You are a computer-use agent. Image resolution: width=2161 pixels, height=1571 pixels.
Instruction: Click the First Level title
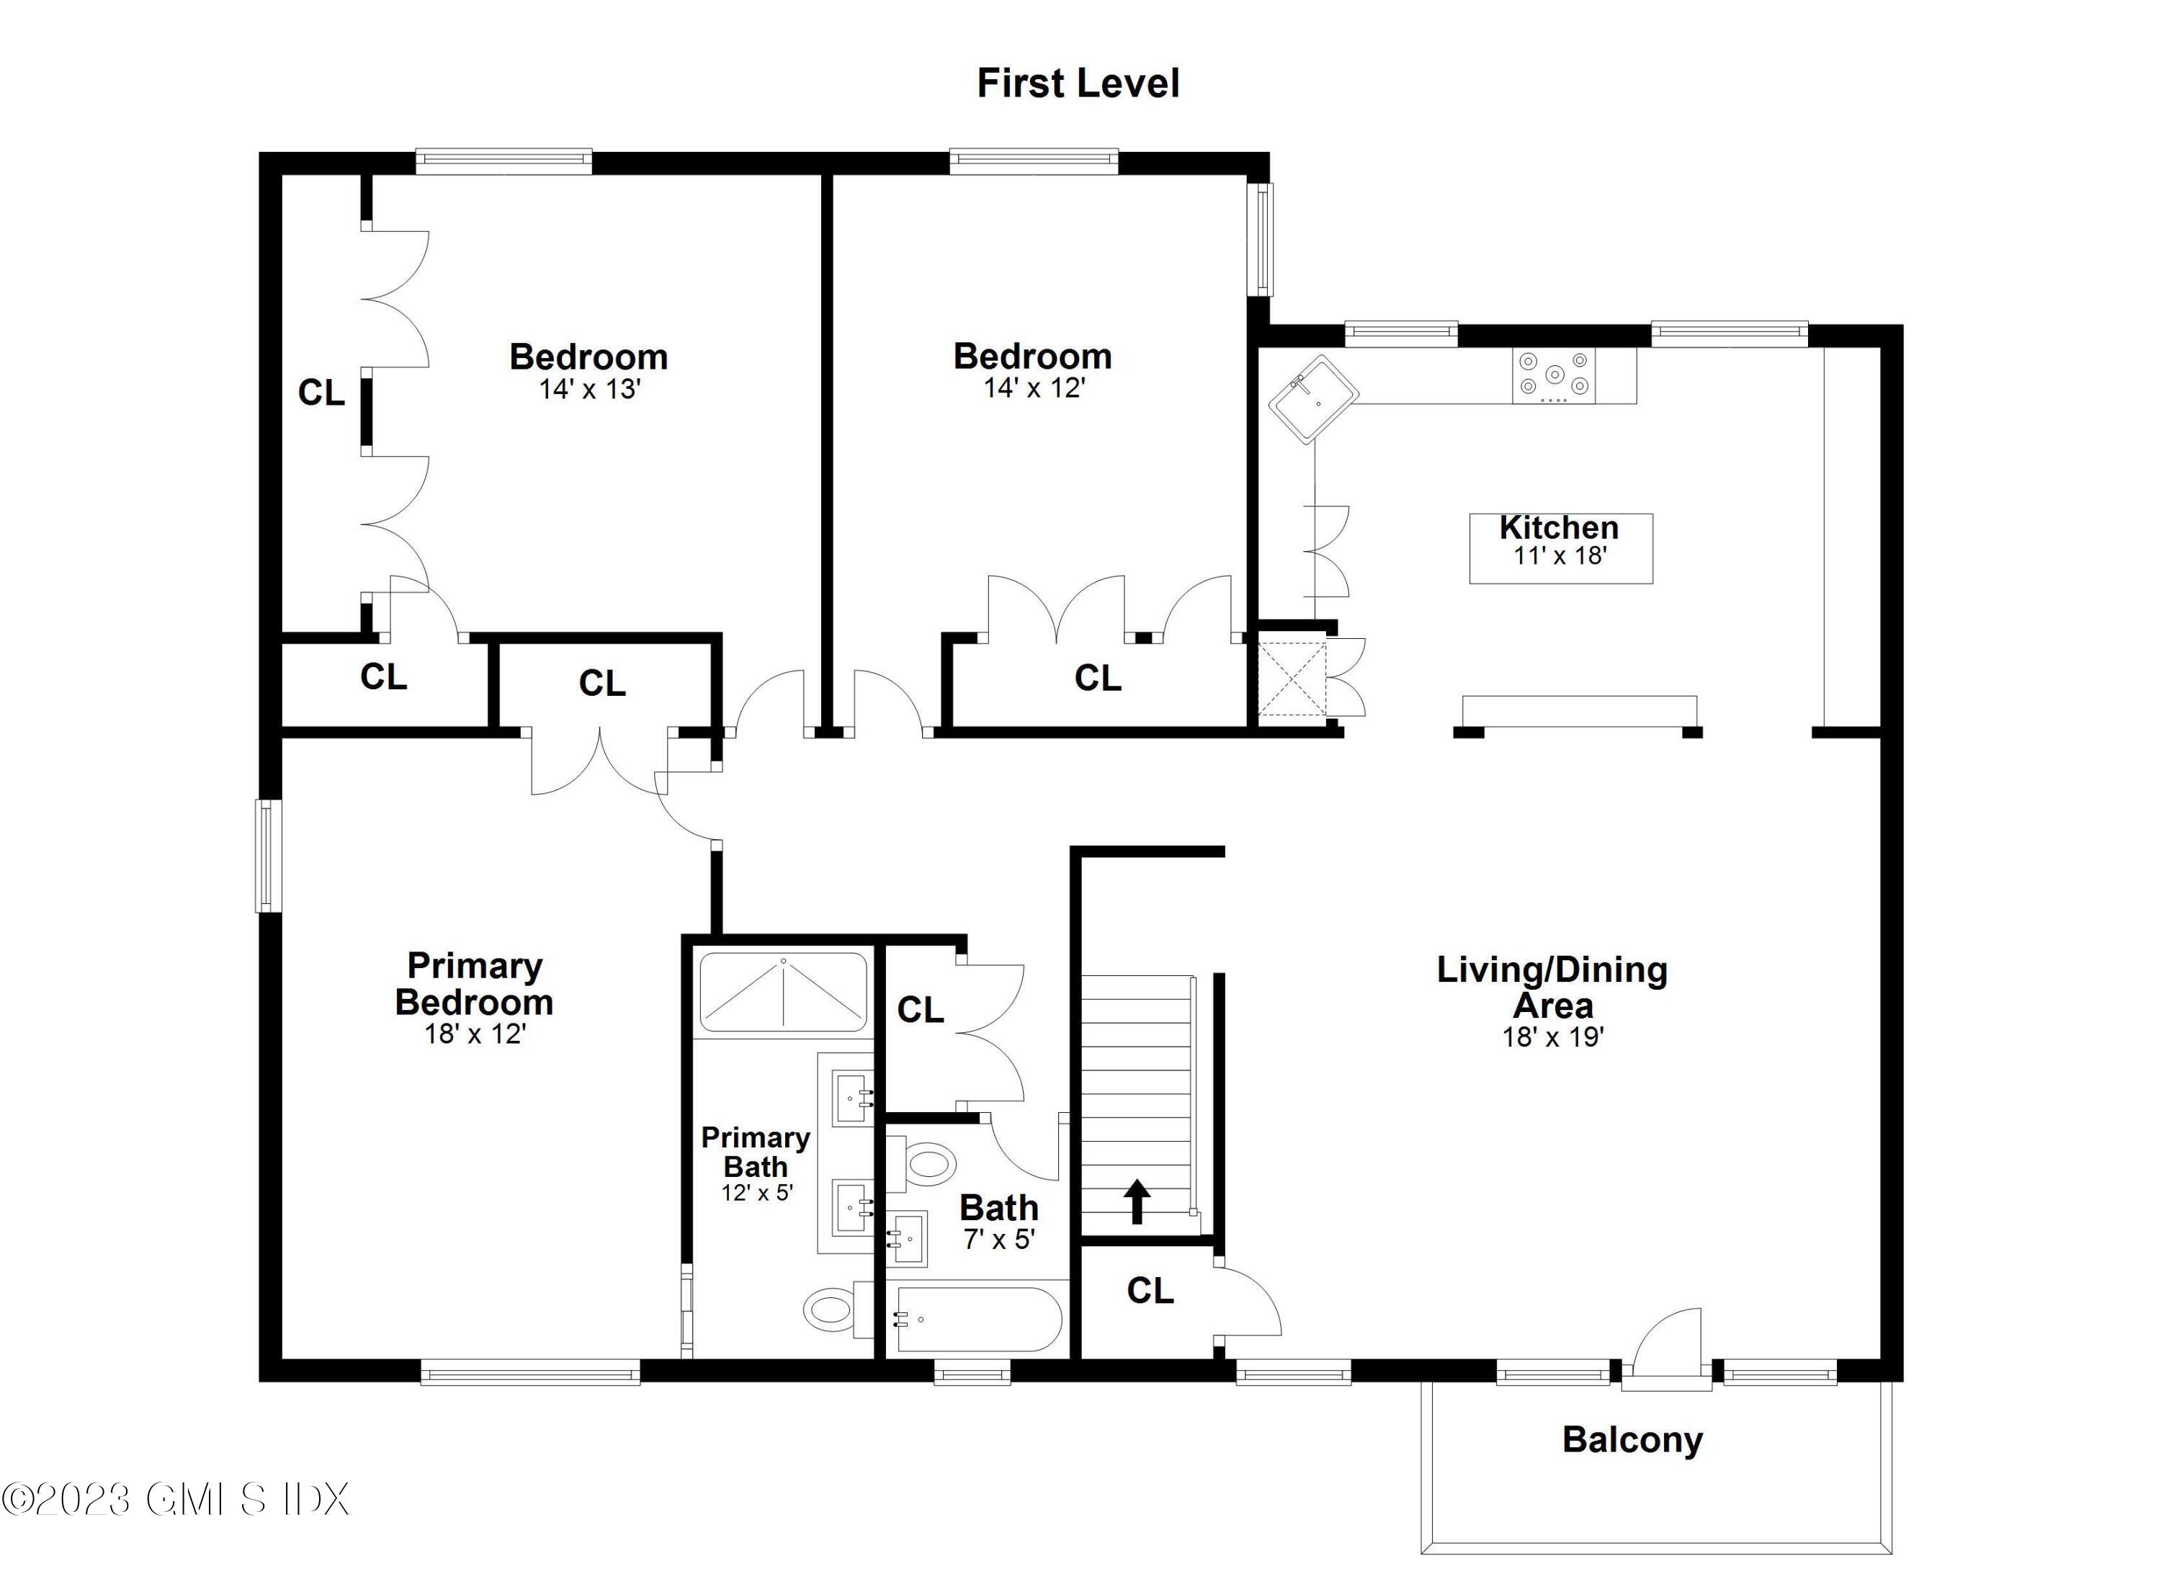click(x=1078, y=84)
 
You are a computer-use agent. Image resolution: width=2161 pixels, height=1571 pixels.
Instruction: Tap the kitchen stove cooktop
click(x=1554, y=375)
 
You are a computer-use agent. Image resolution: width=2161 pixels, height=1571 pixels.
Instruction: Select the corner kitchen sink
click(x=1313, y=399)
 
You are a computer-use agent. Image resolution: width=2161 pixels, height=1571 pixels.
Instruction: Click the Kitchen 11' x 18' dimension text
click(x=1560, y=556)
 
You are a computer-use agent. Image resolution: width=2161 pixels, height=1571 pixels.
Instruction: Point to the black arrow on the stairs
click(x=1136, y=1201)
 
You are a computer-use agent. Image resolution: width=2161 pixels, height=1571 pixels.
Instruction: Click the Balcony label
click(x=1632, y=1439)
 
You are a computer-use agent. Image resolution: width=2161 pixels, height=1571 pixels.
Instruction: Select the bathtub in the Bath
click(x=975, y=1320)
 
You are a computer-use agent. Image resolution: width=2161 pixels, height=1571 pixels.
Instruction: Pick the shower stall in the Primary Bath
click(x=783, y=992)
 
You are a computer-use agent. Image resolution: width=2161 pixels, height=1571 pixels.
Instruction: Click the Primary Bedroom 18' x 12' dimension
click(x=475, y=1034)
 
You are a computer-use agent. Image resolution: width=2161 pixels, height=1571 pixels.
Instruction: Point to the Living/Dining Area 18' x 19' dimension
click(x=1552, y=1037)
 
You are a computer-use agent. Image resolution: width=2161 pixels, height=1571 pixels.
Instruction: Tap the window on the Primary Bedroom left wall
click(x=269, y=856)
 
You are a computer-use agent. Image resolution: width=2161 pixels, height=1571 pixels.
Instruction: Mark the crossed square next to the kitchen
click(x=1291, y=679)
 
